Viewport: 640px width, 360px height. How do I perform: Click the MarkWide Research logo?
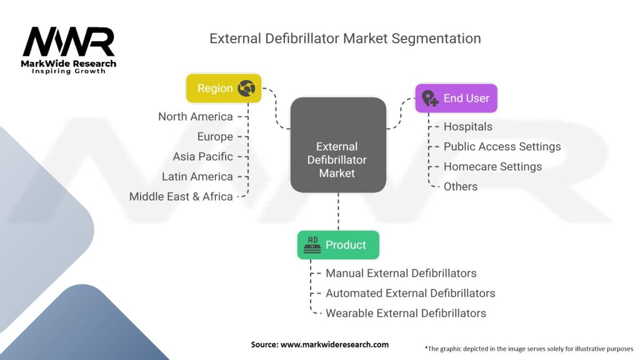click(x=69, y=49)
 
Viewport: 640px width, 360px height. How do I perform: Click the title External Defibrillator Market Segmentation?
click(x=345, y=38)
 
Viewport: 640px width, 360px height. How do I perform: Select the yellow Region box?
click(x=223, y=88)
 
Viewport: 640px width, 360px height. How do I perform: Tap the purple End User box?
click(x=456, y=98)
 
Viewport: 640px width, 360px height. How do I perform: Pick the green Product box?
click(x=337, y=245)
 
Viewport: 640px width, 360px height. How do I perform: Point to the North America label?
click(x=196, y=117)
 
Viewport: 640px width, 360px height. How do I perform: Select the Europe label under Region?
click(x=215, y=137)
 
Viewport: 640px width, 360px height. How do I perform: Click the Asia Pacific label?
click(x=203, y=157)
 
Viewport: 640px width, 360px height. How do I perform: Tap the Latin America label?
click(x=197, y=177)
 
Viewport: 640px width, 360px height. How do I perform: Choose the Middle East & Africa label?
click(x=181, y=197)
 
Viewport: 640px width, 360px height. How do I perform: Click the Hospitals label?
click(x=468, y=127)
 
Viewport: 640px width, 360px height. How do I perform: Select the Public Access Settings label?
click(x=502, y=147)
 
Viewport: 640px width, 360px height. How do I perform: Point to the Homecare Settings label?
click(x=493, y=167)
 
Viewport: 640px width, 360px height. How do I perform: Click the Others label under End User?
click(x=461, y=187)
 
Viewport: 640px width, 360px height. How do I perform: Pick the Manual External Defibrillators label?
click(x=401, y=273)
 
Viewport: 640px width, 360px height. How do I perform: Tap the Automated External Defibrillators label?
click(x=411, y=293)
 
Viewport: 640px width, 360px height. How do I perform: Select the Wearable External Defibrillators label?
click(x=406, y=313)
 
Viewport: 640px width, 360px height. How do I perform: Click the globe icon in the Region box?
click(x=246, y=89)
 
